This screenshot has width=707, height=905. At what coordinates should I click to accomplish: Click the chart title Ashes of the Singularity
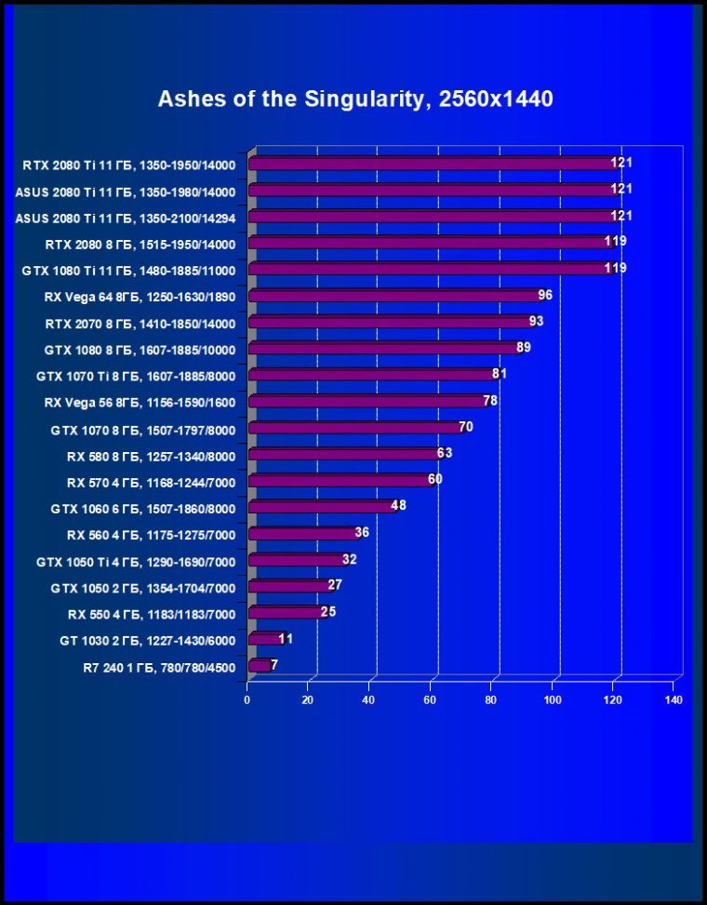point(355,99)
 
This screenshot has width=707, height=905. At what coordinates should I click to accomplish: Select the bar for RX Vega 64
point(395,297)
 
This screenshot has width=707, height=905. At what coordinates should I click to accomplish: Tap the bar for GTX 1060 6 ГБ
point(323,508)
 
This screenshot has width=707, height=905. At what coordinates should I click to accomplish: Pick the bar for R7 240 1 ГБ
point(260,666)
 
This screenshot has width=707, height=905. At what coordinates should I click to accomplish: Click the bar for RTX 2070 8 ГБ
point(391,323)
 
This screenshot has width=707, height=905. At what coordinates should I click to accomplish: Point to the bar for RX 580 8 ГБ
point(345,455)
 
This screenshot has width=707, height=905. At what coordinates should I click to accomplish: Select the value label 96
point(545,295)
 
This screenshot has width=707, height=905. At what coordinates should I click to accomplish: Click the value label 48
point(398,505)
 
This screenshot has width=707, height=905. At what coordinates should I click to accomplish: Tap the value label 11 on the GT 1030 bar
point(286,638)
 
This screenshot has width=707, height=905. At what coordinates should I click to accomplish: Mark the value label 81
point(499,373)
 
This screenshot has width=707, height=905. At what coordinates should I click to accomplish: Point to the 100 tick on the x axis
point(553,699)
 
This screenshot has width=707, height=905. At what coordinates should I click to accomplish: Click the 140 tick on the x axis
point(674,699)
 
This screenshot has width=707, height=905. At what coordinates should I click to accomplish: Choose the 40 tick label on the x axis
point(369,699)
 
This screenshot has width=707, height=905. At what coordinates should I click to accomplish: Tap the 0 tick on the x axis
point(247,699)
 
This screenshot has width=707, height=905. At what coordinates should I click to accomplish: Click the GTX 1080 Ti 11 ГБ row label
point(127,271)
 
